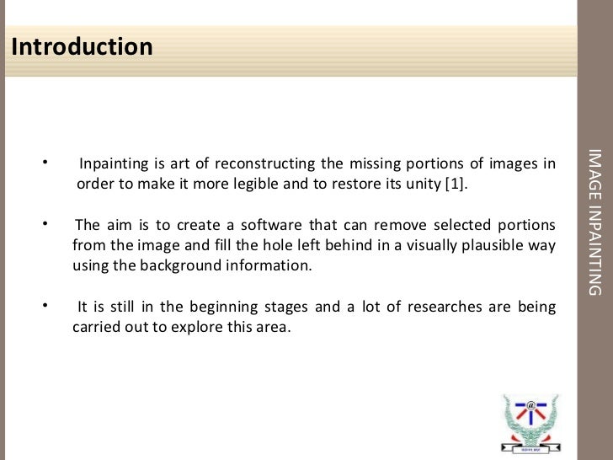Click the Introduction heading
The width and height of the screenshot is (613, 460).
83,46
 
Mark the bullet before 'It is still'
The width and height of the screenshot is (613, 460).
45,306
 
